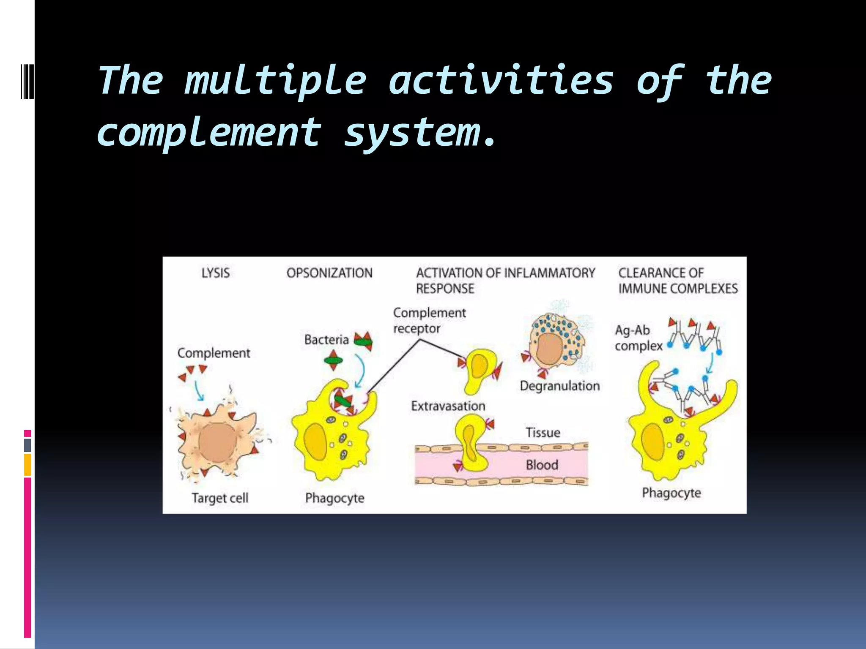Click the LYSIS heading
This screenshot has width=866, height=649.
216,273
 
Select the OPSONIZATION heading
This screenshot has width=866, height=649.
329,273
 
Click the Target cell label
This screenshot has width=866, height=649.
220,498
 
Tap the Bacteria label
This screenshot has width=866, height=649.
326,339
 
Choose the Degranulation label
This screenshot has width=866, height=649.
559,386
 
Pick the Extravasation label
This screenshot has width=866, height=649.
448,406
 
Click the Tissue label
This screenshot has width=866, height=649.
543,433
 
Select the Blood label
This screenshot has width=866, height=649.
542,465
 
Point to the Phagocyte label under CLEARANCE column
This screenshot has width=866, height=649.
671,493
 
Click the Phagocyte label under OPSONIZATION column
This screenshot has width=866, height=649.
334,498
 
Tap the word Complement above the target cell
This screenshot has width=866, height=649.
214,353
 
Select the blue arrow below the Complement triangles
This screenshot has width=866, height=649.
199,390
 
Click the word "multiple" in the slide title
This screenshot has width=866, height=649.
275,81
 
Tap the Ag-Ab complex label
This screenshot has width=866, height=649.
638,338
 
